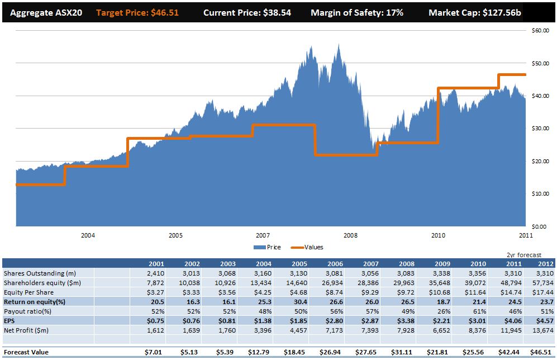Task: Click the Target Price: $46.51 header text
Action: [138, 12]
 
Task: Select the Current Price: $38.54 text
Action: [247, 12]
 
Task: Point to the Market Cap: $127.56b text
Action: [475, 12]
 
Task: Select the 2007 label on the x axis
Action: [263, 235]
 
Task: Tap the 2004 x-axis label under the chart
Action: [88, 235]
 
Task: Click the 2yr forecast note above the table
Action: [523, 255]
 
